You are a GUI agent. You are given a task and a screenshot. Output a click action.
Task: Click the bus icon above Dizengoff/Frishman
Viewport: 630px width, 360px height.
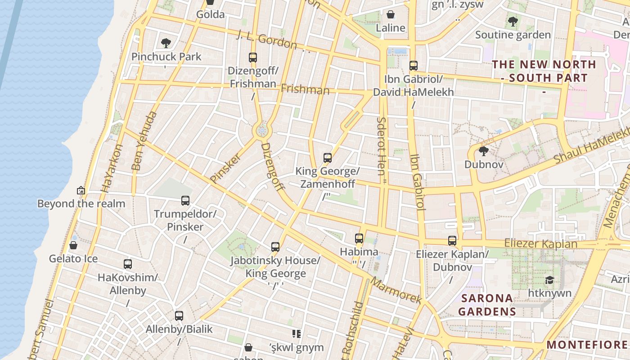253,58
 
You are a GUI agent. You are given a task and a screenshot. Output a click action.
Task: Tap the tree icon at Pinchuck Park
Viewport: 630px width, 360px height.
166,43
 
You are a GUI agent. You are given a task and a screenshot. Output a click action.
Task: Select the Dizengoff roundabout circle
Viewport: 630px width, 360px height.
262,131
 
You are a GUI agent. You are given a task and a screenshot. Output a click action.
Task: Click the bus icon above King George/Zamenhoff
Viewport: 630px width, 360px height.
328,158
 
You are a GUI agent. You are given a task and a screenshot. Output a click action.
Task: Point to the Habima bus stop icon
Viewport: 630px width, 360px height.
359,238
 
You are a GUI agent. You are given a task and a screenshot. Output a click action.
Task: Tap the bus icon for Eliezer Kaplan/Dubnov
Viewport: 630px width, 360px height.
452,241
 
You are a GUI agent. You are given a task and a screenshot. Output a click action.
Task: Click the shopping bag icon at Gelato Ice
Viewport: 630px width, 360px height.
73,245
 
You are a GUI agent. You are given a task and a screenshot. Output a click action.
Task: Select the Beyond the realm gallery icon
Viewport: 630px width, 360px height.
81,190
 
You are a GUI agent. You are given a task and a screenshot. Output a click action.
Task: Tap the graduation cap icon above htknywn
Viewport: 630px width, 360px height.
549,280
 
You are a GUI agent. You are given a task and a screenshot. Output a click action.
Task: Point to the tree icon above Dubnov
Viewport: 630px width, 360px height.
484,151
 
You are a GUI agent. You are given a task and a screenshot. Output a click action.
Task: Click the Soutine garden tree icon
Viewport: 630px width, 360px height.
513,21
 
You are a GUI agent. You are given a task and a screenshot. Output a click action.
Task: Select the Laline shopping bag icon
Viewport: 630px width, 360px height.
391,14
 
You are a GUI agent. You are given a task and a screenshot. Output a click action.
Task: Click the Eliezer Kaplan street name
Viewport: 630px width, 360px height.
540,243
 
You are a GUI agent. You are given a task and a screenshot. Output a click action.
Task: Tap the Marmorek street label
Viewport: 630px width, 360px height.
396,290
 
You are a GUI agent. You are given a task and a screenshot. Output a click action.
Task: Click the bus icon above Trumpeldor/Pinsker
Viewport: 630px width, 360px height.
185,201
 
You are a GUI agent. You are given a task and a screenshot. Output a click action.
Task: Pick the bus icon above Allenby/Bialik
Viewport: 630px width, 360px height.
179,316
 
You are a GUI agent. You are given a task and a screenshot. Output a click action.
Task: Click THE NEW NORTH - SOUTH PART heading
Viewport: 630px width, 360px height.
544,71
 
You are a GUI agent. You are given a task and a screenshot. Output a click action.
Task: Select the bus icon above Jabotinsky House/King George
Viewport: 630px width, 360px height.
275,247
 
